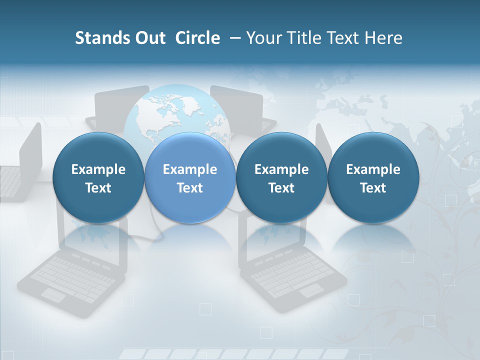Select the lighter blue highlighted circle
coord(190,178)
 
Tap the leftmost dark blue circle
coord(98,178)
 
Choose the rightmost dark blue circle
coord(373,178)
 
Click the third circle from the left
coord(281,178)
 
